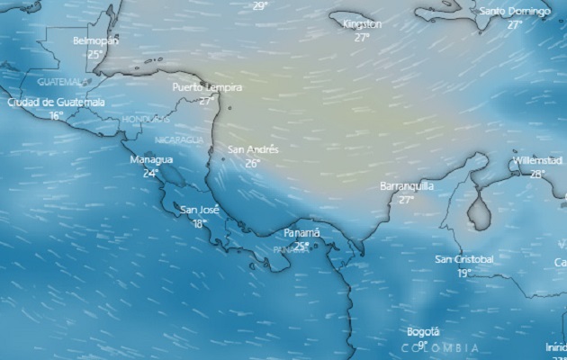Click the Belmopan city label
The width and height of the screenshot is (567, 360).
coord(95,41)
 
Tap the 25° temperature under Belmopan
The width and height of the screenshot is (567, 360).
coord(94,54)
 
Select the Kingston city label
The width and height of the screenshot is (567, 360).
coord(363,24)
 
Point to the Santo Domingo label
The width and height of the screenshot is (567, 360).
coord(514,11)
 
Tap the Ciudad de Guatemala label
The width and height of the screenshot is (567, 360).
coord(56,102)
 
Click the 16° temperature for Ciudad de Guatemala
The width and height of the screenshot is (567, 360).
coord(56,115)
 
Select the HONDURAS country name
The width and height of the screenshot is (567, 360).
coord(146,119)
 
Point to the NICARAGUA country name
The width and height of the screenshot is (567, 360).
coord(178,139)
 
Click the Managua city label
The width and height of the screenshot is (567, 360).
coord(150,159)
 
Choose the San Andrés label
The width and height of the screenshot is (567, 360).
coord(253,149)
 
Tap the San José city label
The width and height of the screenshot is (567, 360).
coord(200,210)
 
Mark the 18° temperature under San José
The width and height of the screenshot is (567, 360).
coord(199,223)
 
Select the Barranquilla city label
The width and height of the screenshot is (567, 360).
coord(407,185)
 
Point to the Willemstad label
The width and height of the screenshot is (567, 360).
coord(537,160)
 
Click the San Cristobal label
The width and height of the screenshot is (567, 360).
coord(464,259)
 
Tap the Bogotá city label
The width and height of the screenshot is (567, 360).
coord(422,331)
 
